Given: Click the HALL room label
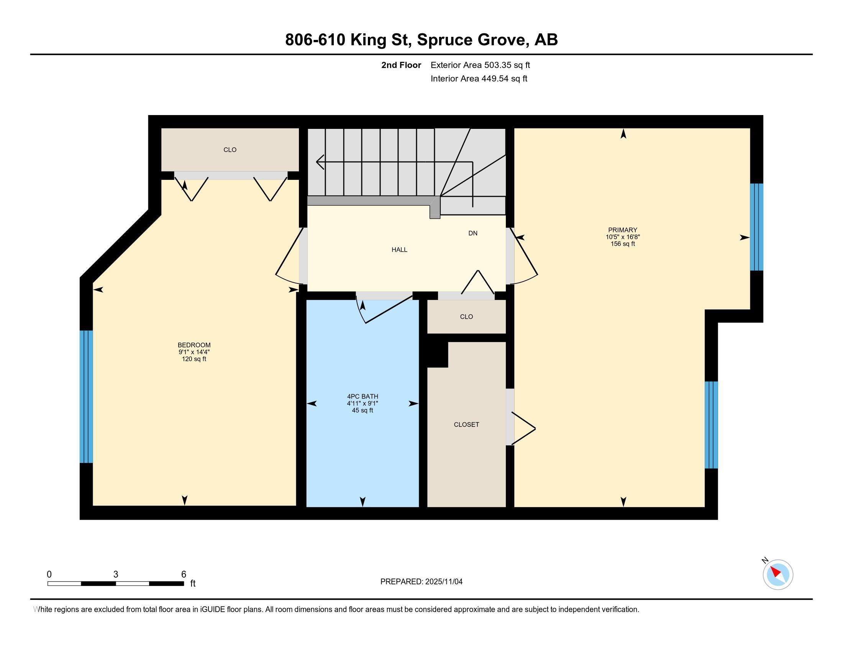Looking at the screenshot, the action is [400, 250].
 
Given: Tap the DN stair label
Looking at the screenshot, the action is [473, 233].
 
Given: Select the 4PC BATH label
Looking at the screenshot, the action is [362, 396].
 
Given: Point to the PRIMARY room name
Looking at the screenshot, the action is [623, 230].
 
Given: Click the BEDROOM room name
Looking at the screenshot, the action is [194, 345].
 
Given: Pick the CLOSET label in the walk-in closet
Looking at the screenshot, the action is [466, 425].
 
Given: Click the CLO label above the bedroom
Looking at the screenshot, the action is [230, 150].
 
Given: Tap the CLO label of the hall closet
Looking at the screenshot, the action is [466, 317].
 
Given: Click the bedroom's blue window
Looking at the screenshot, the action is [87, 396].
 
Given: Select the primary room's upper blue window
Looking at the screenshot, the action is [756, 227].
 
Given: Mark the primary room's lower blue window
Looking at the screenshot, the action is [712, 425].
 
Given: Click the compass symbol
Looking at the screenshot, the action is [778, 575].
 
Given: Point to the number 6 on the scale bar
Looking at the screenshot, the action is [184, 575].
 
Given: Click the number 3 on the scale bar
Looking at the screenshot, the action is [116, 575].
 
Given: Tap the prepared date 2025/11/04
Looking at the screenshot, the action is [444, 582].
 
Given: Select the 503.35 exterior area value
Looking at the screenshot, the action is [497, 65].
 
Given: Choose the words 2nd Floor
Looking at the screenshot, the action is [401, 65].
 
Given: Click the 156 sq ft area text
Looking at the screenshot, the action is [623, 244].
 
